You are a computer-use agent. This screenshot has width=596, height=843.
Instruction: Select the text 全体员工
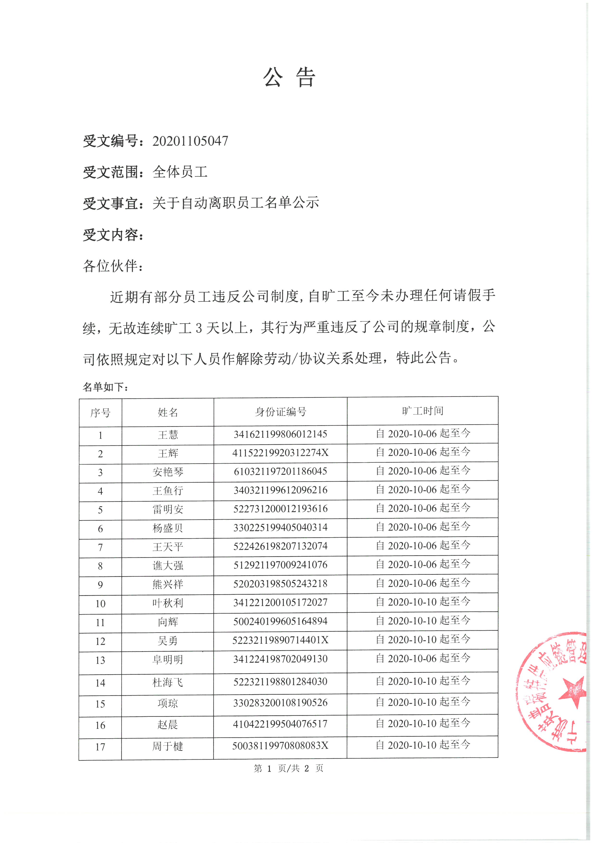pyautogui.click(x=180, y=172)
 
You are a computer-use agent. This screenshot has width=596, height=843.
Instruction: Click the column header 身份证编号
pyautogui.click(x=280, y=412)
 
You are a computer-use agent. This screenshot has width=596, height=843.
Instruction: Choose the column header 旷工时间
pyautogui.click(x=422, y=411)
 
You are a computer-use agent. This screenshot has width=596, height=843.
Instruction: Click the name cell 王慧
pyautogui.click(x=168, y=435)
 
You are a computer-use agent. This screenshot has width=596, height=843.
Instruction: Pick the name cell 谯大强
pyautogui.click(x=168, y=566)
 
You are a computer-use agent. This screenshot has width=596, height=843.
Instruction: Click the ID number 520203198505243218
pyautogui.click(x=280, y=584)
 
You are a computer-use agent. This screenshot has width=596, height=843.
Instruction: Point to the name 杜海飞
pyautogui.click(x=168, y=683)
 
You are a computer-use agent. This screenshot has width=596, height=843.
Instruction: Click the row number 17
pyautogui.click(x=100, y=747)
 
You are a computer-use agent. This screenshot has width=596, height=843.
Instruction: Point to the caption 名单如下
pyautogui.click(x=105, y=387)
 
